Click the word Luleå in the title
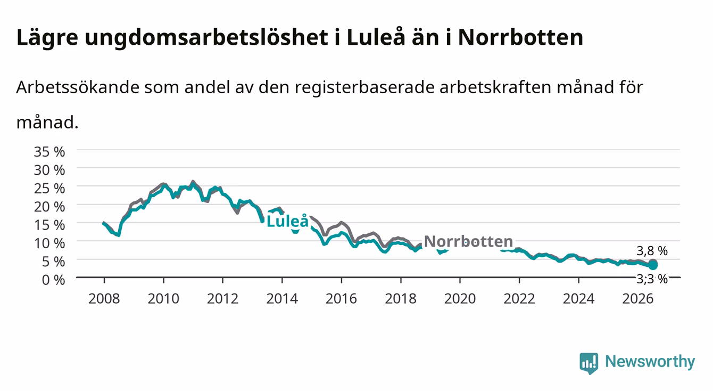coord(376,38)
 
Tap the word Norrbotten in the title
coord(520,38)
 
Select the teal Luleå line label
coord(287,221)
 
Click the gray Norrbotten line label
coord(469,241)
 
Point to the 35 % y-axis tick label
coord(49,152)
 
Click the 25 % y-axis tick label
coord(49,189)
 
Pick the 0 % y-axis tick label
coord(53,280)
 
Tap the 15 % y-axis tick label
coord(49,225)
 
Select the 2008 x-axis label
coord(104,299)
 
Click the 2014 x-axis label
coord(282,299)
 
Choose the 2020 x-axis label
coord(460,299)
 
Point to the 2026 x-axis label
coord(637,299)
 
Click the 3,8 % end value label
coord(652,251)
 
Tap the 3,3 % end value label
coord(652,279)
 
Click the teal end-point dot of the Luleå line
coord(653,265)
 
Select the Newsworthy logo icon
coord(588,363)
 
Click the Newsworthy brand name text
coord(650,362)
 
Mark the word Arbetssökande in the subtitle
coord(78,87)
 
